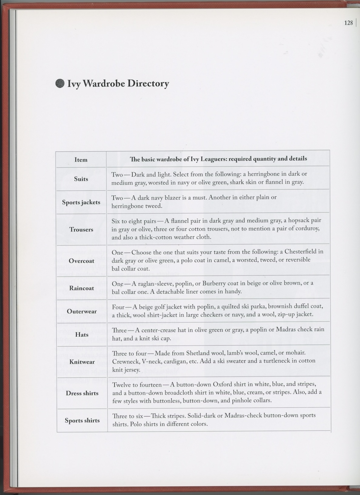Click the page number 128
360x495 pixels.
pyautogui.click(x=348, y=23)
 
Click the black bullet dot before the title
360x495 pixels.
pyautogui.click(x=60, y=83)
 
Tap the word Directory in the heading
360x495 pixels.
pyautogui.click(x=148, y=83)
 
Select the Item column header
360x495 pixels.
pyautogui.click(x=81, y=160)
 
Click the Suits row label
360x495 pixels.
pyautogui.click(x=81, y=179)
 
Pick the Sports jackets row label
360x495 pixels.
pyautogui.click(x=81, y=202)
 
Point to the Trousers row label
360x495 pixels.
pyautogui.click(x=81, y=229)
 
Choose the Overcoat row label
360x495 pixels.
pyautogui.click(x=81, y=261)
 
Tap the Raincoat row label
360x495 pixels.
pyautogui.click(x=81, y=288)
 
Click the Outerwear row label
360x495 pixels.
pyautogui.click(x=82, y=311)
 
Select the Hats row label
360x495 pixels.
pyautogui.click(x=82, y=335)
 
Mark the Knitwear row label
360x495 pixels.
pyautogui.click(x=82, y=362)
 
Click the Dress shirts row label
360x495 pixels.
pyautogui.click(x=82, y=393)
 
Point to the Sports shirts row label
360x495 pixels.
pyautogui.click(x=82, y=420)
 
